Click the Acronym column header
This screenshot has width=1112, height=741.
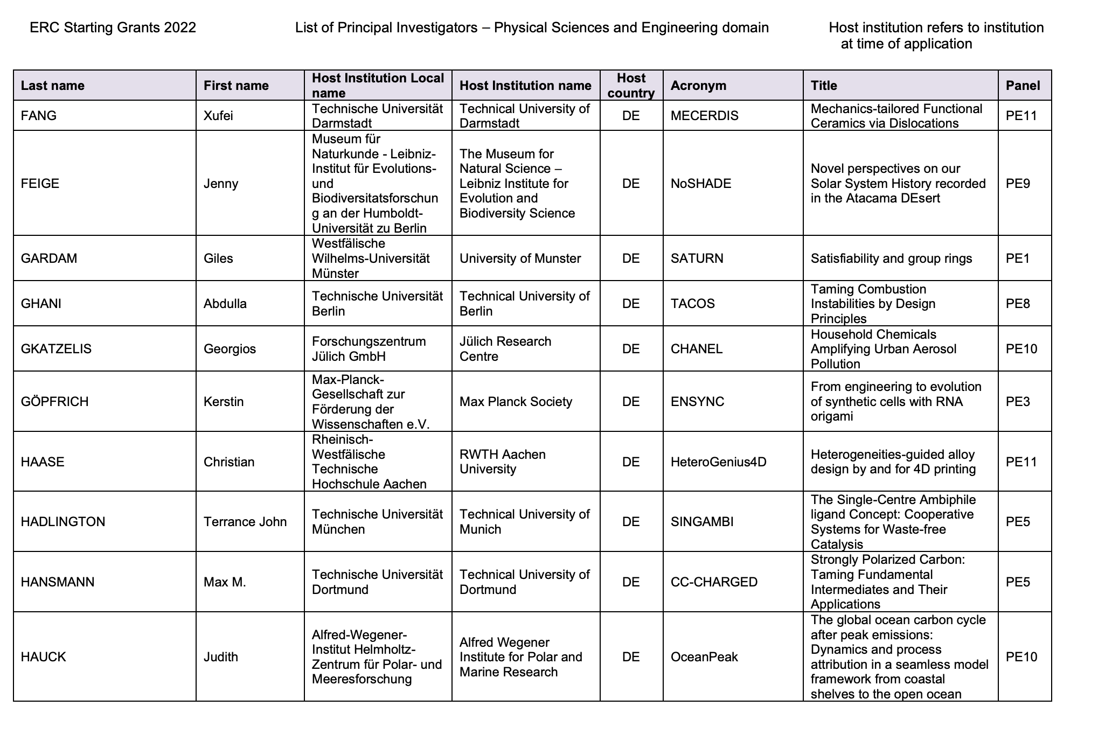(x=698, y=86)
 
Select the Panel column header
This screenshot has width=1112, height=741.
(x=1023, y=86)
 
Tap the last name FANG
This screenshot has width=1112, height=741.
(x=38, y=116)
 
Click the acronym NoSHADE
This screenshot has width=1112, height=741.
(x=700, y=184)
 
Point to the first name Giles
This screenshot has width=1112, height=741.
(x=218, y=258)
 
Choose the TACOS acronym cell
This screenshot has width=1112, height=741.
(x=692, y=304)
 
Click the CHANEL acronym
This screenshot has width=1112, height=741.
(x=696, y=349)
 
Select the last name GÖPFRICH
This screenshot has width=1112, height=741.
(x=54, y=402)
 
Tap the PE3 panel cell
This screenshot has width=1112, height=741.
(x=1018, y=402)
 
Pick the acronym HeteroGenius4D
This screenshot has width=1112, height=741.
(x=718, y=462)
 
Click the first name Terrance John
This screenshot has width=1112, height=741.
(x=245, y=522)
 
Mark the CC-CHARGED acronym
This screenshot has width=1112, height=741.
(x=714, y=582)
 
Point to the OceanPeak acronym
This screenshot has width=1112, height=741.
(x=704, y=657)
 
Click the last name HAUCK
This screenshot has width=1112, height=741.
(x=43, y=657)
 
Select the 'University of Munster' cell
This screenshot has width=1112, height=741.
(x=520, y=258)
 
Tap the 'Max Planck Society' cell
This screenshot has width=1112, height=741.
(x=516, y=402)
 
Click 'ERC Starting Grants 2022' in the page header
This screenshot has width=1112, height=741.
(x=113, y=27)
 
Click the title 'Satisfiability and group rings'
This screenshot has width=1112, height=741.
(x=891, y=258)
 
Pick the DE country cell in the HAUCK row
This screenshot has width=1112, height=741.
(x=631, y=657)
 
